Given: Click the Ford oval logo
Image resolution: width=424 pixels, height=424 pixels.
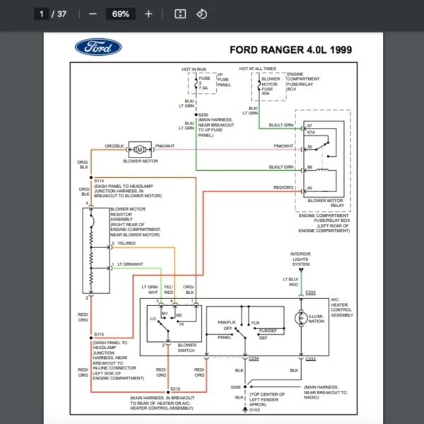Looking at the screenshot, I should point(98,47).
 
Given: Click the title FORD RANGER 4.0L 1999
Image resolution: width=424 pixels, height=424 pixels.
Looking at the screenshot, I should point(290,50).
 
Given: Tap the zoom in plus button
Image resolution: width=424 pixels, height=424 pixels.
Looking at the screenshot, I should point(148,13).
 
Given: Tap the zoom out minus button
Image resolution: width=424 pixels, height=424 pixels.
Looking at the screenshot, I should point(93,13).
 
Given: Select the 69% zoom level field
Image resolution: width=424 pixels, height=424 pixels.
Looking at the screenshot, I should point(120,13).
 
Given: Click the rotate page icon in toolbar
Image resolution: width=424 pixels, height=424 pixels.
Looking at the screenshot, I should point(201,13).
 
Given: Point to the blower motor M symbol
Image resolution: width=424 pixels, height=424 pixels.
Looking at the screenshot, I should point(140,149).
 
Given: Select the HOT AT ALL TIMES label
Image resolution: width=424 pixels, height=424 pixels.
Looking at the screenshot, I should point(257,69).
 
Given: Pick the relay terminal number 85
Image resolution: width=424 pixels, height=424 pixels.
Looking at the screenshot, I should point(310,189).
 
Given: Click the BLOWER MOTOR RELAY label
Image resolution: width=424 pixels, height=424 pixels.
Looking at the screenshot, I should point(325,203).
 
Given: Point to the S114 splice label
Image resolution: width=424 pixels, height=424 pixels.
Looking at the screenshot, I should point(98,180).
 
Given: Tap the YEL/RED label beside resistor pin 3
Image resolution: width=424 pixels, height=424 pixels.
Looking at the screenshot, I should point(126,243).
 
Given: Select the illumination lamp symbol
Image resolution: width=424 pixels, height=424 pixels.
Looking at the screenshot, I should point(300,319).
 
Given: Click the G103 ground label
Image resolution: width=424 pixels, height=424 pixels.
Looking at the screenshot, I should point(254,409).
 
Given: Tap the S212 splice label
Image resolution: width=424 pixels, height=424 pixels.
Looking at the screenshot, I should point(175,389).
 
